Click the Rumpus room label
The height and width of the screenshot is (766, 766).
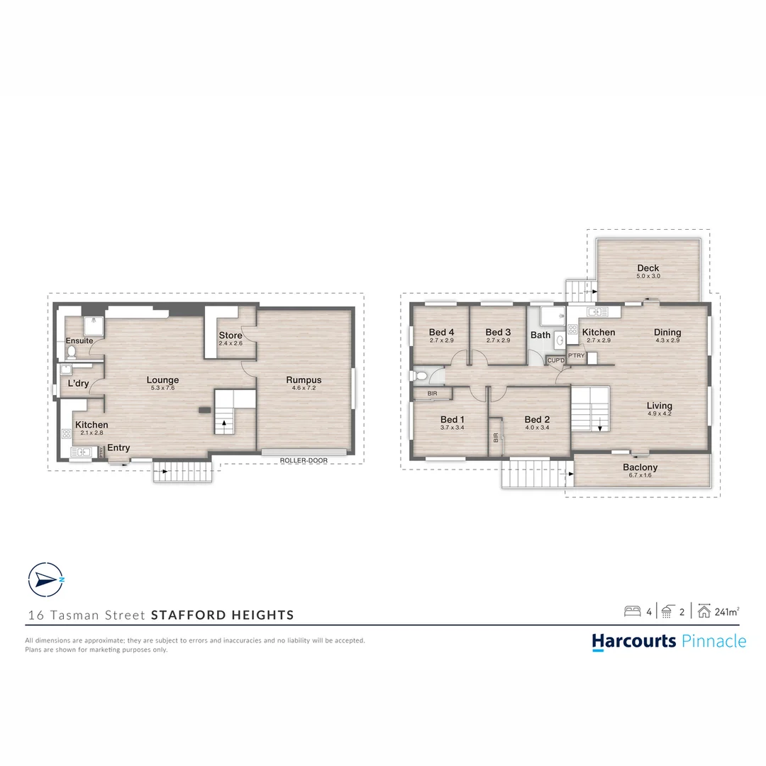point(304,379)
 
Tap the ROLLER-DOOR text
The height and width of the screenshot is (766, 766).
point(304,460)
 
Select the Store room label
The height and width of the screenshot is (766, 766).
point(231,335)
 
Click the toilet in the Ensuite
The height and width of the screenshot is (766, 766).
point(72,352)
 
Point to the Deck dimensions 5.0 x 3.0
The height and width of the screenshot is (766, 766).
point(648,276)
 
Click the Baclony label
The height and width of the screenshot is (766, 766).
point(640,467)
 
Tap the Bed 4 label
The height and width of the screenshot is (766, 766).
point(442,332)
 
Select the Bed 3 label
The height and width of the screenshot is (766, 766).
point(499,332)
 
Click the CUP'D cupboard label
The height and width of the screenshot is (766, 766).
point(556,360)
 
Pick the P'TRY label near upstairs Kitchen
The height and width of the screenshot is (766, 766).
point(577,355)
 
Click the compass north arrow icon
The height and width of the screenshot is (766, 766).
point(46,580)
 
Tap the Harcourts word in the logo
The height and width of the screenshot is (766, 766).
point(634,641)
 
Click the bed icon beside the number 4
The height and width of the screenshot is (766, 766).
point(633,611)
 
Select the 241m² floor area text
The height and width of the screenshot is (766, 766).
point(727,611)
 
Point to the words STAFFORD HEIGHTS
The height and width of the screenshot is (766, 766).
point(222,615)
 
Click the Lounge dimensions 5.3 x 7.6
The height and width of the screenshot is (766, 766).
point(162,388)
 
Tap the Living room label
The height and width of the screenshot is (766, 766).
point(660,406)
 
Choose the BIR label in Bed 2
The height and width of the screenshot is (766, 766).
point(495,438)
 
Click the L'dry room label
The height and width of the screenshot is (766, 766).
point(78,384)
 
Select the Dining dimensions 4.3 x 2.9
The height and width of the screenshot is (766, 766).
point(667,340)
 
